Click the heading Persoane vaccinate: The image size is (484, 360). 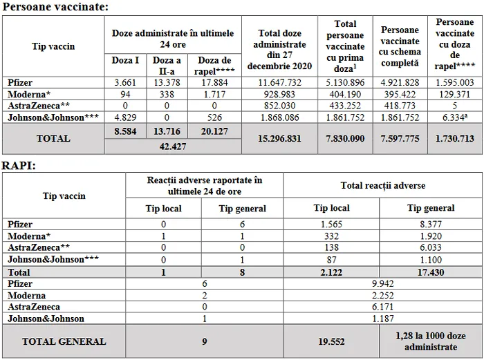coord(55,7)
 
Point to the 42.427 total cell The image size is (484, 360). coord(172,146)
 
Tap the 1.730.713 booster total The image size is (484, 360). coord(454,139)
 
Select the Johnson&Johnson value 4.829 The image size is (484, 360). coord(125,117)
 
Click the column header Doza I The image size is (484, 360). coord(125,60)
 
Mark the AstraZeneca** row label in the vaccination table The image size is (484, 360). coord(33,106)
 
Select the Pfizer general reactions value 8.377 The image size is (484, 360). coord(430,225)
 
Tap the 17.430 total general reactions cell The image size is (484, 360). coord(430,273)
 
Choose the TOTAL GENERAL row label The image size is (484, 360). coord(64,341)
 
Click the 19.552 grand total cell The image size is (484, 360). coord(331,341)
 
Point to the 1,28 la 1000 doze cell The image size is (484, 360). coord(429,341)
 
